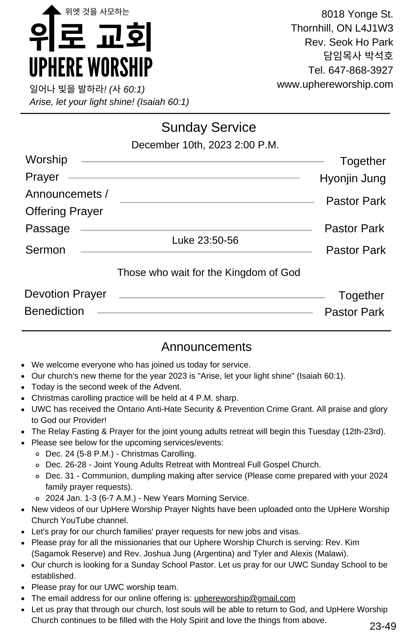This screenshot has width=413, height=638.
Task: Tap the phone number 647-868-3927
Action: tap(360, 70)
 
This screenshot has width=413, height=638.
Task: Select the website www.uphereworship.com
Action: tap(335, 84)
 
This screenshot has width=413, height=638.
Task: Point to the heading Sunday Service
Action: tap(208, 127)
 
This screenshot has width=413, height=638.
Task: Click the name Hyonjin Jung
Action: tap(352, 178)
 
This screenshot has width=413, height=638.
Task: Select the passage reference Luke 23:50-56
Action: tap(205, 240)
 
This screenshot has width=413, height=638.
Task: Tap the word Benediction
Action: tap(54, 311)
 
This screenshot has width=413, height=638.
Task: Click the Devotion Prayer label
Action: tap(65, 294)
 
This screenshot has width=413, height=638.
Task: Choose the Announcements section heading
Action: tap(206, 347)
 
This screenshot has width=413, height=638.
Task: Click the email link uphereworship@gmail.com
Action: tap(244, 598)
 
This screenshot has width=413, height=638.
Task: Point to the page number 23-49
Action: tap(383, 626)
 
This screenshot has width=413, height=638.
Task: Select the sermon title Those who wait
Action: tap(208, 272)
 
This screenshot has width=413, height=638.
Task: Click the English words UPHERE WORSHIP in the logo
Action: tap(91, 67)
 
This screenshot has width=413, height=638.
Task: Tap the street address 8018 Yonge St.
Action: tap(357, 14)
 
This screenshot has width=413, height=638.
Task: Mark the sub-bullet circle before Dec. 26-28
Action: tap(38, 465)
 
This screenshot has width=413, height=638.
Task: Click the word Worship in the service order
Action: tap(46, 159)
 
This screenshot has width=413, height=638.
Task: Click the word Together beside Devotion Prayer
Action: tap(361, 295)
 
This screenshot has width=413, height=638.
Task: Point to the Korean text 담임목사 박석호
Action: tap(358, 56)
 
